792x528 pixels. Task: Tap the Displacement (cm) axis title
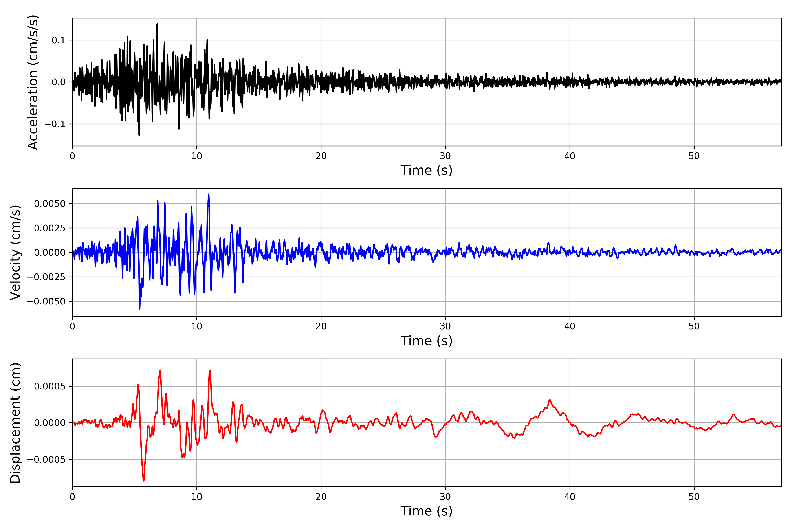click(15, 423)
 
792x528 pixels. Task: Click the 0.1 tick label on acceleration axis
click(58, 40)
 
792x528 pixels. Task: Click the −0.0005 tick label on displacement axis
click(46, 460)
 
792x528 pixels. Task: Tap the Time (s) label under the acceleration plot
click(426, 170)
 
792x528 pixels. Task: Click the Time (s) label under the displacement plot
click(426, 511)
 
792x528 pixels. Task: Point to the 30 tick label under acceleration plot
click(445, 156)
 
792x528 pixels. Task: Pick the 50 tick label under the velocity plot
click(694, 326)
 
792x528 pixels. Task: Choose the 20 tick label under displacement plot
click(321, 497)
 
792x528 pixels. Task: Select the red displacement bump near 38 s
click(550, 400)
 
